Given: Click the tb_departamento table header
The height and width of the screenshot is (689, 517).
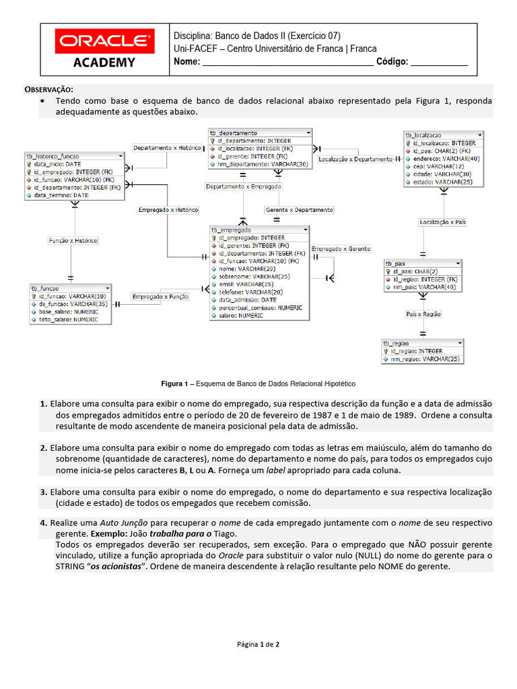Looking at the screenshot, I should [260, 133].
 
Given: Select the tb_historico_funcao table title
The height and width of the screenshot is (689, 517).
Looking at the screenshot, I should [75, 156].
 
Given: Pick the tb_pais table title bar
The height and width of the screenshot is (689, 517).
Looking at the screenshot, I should [423, 263].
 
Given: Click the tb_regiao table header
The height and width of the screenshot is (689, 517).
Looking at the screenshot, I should [423, 343].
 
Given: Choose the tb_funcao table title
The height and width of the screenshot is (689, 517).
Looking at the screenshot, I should [70, 288].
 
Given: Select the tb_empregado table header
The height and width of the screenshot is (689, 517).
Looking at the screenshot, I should [260, 230].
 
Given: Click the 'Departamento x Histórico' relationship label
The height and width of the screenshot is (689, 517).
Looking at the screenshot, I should [167, 147].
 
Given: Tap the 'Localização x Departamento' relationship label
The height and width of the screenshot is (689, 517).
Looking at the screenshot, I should [355, 159].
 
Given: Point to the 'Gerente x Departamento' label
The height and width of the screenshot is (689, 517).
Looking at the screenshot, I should [299, 210].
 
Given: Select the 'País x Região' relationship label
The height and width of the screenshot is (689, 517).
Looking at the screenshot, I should [423, 314].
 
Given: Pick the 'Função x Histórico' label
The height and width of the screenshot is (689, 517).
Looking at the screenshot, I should [73, 240].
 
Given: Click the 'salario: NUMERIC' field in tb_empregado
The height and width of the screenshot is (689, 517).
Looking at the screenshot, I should [241, 315].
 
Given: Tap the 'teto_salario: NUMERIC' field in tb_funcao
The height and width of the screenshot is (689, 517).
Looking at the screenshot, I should [68, 320].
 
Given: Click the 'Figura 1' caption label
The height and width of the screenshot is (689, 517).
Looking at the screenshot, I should [174, 384].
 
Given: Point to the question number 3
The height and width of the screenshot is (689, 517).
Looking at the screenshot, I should [43, 492].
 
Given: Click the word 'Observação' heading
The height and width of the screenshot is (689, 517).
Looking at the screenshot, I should [49, 89].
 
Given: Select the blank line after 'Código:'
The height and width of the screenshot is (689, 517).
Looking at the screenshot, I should [439, 62].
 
